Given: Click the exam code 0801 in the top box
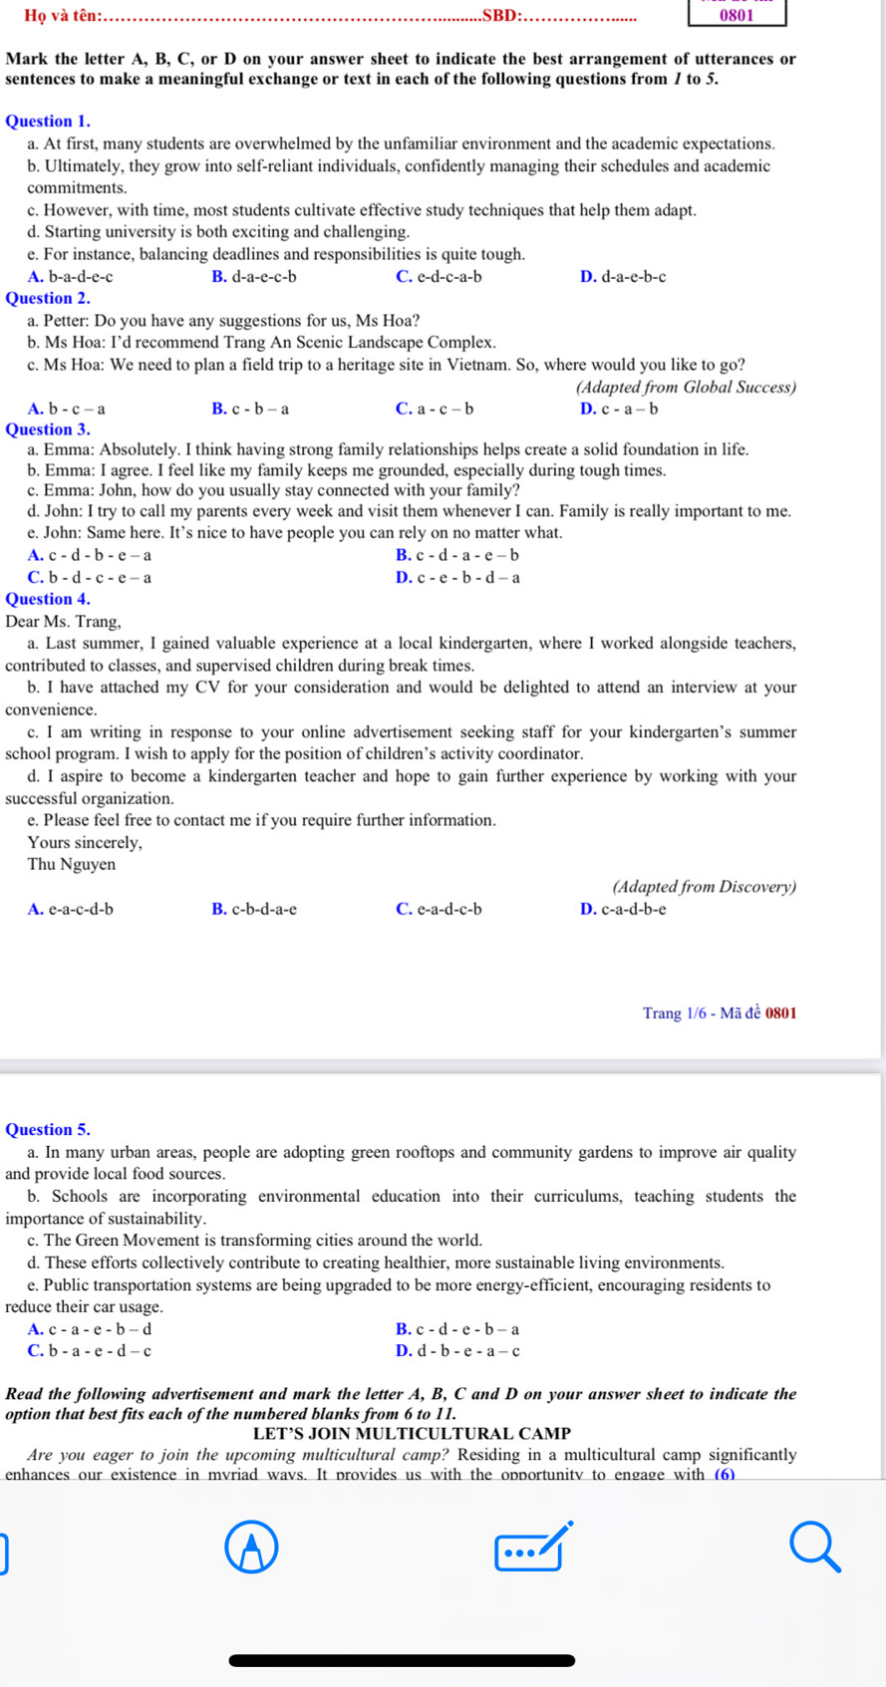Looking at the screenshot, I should (738, 15).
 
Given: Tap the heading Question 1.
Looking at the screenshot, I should (48, 122).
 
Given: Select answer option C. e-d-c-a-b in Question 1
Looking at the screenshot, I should (439, 277).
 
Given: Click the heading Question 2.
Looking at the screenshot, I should (48, 298).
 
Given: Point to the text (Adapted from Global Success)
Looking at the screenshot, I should (686, 388).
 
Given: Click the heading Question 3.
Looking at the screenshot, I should (48, 429).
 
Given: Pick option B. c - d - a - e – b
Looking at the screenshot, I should (457, 556).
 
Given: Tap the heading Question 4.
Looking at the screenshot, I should (48, 599).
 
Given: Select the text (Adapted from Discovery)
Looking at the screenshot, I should (704, 887).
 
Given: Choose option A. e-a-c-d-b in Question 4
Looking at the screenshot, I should (71, 909).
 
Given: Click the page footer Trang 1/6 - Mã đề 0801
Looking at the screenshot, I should (720, 1014).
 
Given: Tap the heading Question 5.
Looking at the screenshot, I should (48, 1130).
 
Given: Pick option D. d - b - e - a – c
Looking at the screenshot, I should (457, 1352).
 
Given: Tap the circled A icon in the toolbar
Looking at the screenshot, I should (251, 1546).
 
